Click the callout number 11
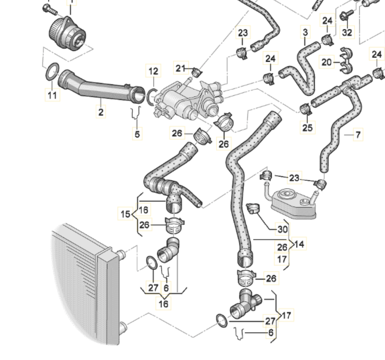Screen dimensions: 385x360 pos(52,95)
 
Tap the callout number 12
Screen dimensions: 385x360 pos(153,71)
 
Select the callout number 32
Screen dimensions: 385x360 pos(347,32)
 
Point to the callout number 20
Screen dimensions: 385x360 pos(327,62)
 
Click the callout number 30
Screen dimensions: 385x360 pos(283,229)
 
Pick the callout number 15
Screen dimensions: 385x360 pos(125,214)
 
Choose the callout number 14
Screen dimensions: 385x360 pos(299,244)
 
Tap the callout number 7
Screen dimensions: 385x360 pos(358,134)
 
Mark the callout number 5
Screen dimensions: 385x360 pos(137,134)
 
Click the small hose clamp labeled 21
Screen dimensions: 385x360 pos(197,73)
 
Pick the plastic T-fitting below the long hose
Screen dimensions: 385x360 pos(245,304)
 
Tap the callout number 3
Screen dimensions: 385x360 pos(305,32)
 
